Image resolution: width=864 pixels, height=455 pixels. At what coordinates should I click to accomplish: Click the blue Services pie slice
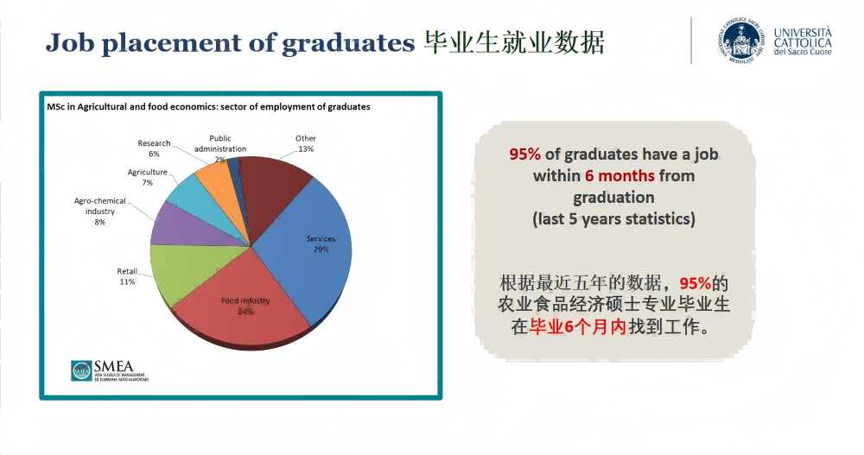click(x=311, y=250)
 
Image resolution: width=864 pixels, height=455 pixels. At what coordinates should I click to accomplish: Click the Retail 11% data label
click(x=127, y=276)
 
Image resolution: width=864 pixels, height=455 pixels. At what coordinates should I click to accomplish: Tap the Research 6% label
click(x=154, y=149)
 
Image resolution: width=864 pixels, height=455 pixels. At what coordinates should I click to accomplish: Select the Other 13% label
click(x=305, y=143)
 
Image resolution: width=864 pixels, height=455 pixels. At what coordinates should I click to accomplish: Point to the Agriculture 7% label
click(x=147, y=177)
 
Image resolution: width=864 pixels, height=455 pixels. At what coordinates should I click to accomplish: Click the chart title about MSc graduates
click(x=208, y=107)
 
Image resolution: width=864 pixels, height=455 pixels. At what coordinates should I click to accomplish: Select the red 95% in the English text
click(x=524, y=155)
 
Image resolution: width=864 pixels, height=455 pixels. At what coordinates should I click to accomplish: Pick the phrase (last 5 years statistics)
click(x=613, y=218)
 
